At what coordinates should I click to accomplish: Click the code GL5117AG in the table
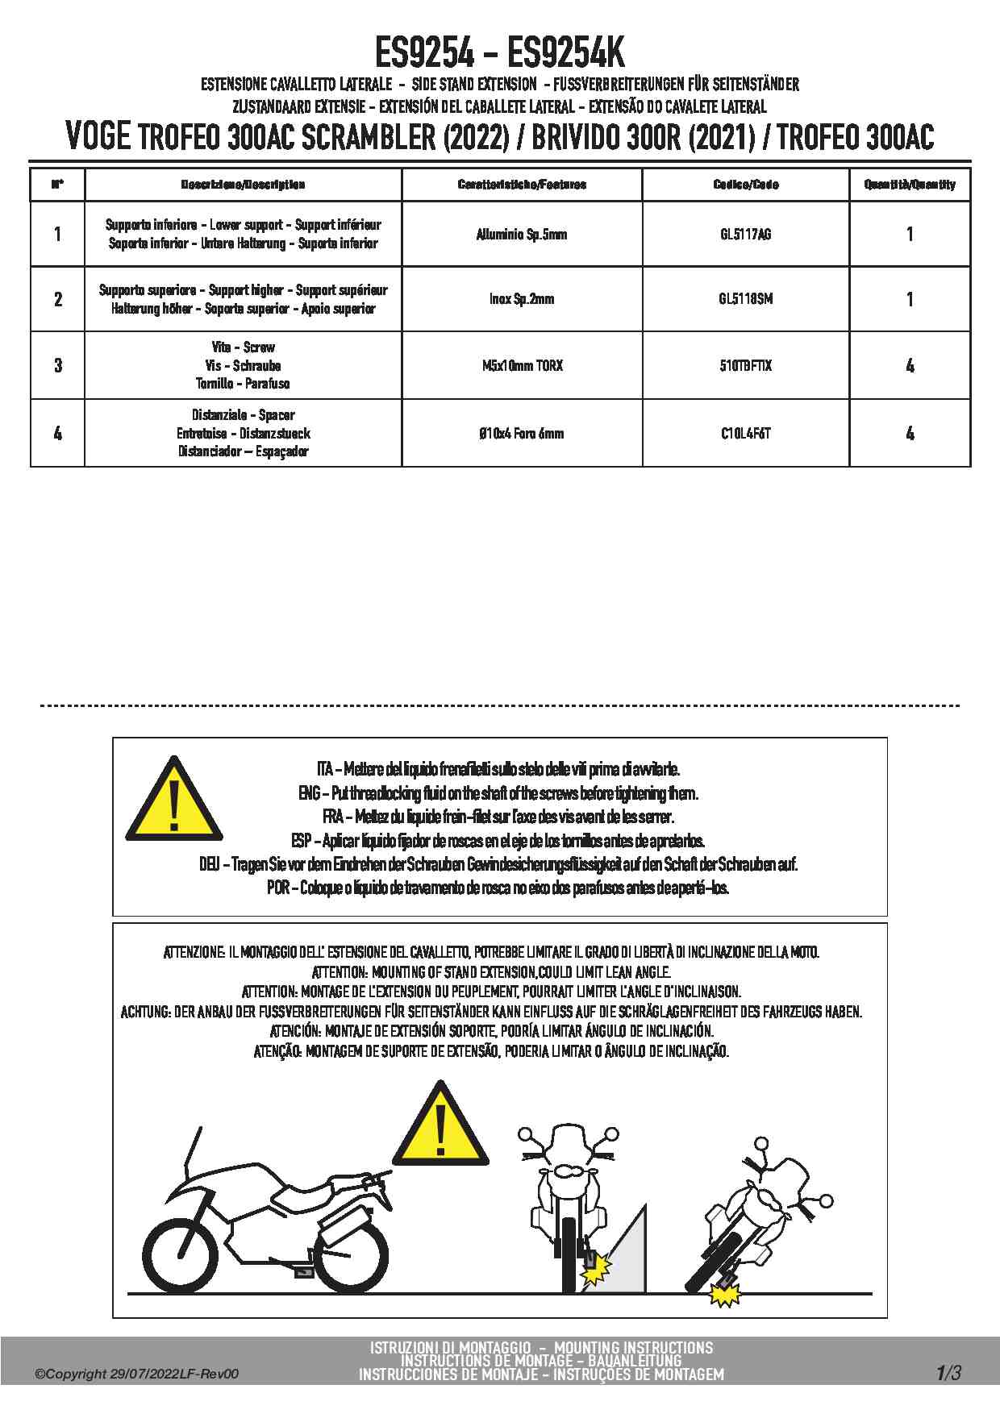point(745,235)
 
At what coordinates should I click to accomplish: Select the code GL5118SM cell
point(745,299)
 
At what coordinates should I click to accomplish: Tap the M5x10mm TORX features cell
point(522,366)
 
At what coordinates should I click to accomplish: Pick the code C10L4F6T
point(745,434)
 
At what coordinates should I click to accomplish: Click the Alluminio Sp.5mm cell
point(522,235)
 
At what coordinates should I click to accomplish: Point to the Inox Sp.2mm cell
point(522,299)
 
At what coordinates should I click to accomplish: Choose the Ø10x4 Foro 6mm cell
point(522,434)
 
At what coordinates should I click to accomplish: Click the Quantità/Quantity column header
point(910,185)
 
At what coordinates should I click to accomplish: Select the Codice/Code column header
point(745,185)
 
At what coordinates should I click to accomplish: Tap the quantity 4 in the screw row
point(910,366)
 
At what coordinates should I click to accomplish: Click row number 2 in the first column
point(57,299)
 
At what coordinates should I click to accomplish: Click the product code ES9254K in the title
point(565,55)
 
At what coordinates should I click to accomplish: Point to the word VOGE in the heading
point(98,137)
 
